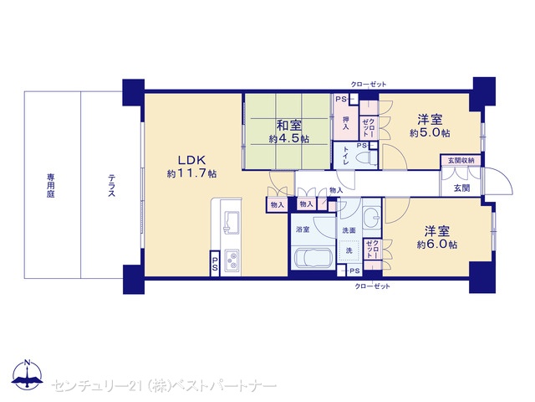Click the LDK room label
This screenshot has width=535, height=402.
191,160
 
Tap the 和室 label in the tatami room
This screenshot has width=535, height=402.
289,125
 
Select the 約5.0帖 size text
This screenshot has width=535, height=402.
430,133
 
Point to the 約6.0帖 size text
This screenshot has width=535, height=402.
437,245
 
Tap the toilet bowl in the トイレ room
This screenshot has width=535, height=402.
366,158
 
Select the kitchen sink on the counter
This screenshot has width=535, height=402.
232,223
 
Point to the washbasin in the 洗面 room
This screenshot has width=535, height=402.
372,218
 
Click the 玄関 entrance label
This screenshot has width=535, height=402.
461,188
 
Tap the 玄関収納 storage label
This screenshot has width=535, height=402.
461,160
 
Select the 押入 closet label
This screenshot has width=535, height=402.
346,123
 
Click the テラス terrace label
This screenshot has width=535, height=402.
111,186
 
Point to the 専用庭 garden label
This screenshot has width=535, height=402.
51,186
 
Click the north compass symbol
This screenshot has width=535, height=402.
28,374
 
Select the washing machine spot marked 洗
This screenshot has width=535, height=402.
349,251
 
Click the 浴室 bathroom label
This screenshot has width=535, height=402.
303,229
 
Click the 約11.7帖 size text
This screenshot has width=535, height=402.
191,173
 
